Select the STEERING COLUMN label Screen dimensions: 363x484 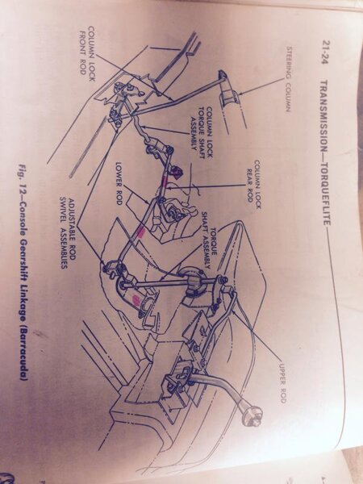[x=289, y=79]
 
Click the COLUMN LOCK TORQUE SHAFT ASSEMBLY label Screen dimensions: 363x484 [x=201, y=128]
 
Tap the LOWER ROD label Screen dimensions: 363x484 [x=119, y=183]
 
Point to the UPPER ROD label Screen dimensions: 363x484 [x=282, y=382]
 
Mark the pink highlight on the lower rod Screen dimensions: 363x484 [x=140, y=232]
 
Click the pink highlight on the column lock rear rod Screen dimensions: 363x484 [x=165, y=180]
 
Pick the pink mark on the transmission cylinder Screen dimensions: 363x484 [x=136, y=298]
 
